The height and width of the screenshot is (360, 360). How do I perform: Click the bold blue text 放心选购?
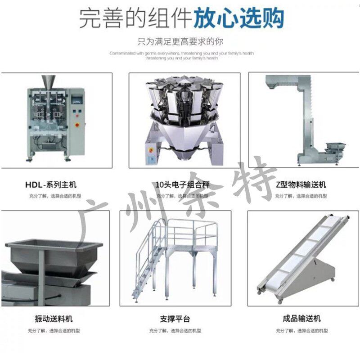pos(238,19)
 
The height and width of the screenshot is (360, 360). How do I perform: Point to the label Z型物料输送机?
pos(300,184)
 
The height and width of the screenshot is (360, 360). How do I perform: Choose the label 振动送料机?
pos(53,319)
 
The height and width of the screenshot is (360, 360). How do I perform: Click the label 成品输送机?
pos(302,319)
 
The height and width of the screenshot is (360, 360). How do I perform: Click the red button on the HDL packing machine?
pos(77,124)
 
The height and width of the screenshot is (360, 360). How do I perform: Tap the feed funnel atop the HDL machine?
pos(47,81)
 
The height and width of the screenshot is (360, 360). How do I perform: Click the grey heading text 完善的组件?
pos(135,19)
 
